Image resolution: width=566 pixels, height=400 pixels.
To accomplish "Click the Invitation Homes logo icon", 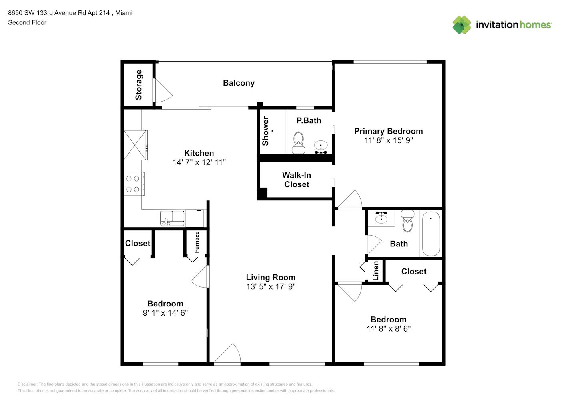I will pyautogui.click(x=462, y=25).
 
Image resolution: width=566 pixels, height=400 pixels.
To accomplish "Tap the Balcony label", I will pyautogui.click(x=239, y=83).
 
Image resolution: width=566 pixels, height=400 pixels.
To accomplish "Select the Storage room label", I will pyautogui.click(x=138, y=84).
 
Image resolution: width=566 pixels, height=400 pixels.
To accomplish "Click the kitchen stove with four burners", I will pyautogui.click(x=133, y=184).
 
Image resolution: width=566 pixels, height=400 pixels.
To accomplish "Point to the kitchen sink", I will pyautogui.click(x=172, y=218).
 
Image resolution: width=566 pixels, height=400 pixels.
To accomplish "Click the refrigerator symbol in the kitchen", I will pyautogui.click(x=135, y=145).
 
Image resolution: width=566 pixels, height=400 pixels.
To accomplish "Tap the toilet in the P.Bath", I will pyautogui.click(x=298, y=142).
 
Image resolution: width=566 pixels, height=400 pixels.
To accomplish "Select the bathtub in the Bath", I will pyautogui.click(x=431, y=234).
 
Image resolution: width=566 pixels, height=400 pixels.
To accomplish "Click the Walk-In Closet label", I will pyautogui.click(x=297, y=180).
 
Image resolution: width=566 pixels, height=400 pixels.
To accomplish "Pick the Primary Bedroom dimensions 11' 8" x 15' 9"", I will pyautogui.click(x=388, y=140).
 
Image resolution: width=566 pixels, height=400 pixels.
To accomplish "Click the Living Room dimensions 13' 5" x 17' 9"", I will pyautogui.click(x=271, y=286).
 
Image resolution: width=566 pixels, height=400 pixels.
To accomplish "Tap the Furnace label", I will pyautogui.click(x=197, y=242).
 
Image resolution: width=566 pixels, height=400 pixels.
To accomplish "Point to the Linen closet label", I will pyautogui.click(x=375, y=271).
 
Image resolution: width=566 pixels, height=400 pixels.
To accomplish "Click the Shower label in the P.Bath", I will pyautogui.click(x=265, y=131).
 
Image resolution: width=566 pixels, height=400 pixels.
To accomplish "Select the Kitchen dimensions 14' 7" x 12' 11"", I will pyautogui.click(x=199, y=162).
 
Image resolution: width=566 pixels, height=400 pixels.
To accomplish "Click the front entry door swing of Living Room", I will pyautogui.click(x=228, y=354).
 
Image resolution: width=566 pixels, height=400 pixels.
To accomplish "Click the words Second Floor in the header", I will pyautogui.click(x=27, y=22).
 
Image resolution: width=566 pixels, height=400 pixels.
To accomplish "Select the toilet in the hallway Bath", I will pyautogui.click(x=407, y=221).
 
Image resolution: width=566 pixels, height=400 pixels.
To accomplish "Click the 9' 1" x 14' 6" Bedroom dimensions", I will pyautogui.click(x=165, y=313).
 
